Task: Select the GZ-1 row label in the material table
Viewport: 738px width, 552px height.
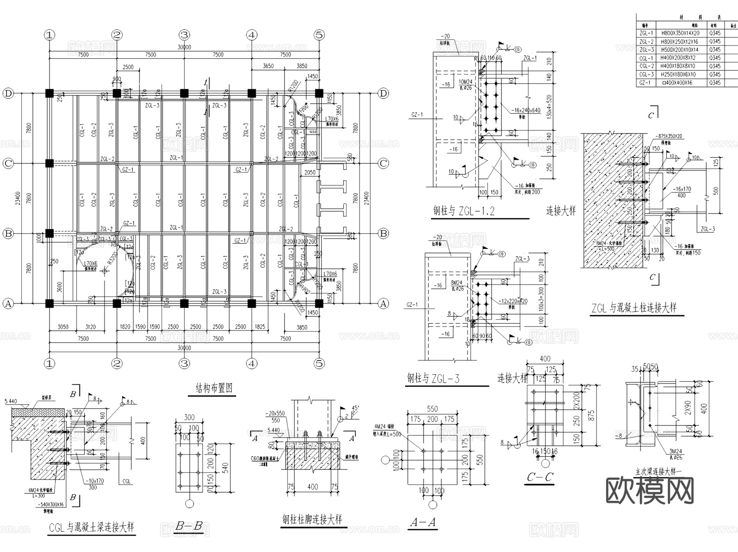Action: coord(645,83)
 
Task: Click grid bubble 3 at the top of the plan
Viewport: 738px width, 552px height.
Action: coord(184,35)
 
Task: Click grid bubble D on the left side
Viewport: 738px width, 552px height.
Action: coord(8,93)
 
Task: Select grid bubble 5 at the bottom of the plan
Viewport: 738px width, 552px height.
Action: coord(319,363)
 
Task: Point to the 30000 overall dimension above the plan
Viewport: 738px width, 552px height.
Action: coord(184,47)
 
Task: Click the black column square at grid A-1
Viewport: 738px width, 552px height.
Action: coord(49,303)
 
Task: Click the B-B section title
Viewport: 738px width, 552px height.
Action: coord(189,526)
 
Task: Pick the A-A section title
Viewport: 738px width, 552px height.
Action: coord(423,522)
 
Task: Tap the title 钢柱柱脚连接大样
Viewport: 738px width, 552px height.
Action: coord(312,520)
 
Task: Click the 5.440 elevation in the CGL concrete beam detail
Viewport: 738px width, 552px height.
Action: coord(11,401)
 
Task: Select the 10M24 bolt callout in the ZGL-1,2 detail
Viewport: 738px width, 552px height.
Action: coord(465,82)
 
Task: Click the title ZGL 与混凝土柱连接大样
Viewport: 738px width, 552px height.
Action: coord(633,308)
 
